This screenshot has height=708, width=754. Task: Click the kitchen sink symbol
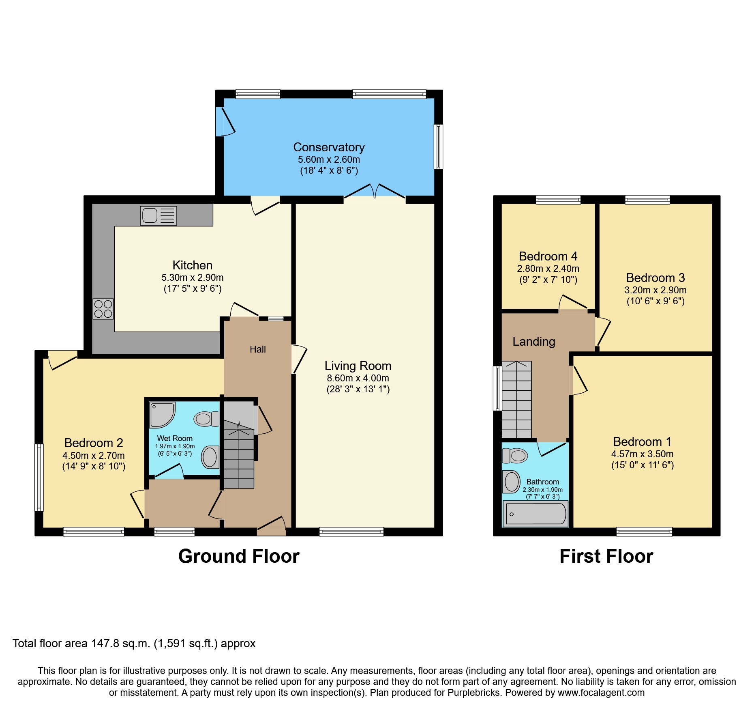[159, 215]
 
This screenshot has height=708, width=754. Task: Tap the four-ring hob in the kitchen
[103, 309]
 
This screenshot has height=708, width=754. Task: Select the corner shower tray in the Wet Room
[161, 414]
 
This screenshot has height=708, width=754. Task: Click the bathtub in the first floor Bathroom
[536, 514]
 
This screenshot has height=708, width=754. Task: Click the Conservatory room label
[329, 147]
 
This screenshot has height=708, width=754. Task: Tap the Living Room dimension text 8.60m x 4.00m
[358, 378]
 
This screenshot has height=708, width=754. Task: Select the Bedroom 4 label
[548, 256]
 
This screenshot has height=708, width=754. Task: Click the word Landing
[533, 342]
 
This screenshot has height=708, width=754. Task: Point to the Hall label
[257, 349]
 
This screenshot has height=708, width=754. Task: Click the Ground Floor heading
[239, 556]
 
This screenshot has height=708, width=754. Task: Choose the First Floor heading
[606, 556]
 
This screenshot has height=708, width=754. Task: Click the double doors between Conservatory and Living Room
[375, 192]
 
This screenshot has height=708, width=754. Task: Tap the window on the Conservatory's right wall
[438, 146]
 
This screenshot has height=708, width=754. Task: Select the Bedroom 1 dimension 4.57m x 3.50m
[642, 454]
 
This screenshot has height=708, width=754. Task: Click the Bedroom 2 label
[94, 443]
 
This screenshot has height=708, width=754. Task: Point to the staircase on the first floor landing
[516, 400]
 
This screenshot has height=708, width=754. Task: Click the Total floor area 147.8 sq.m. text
[134, 643]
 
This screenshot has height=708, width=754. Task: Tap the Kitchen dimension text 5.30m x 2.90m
[192, 278]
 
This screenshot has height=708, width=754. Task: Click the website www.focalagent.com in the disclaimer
[601, 693]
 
